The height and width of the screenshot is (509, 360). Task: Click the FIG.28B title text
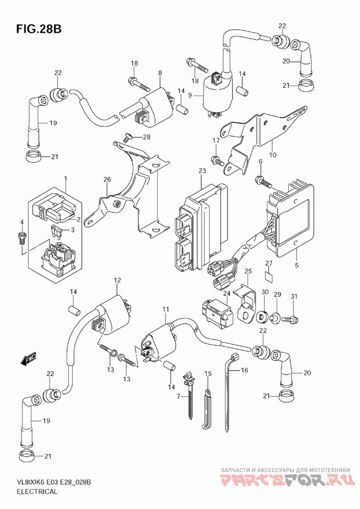coord(39,29)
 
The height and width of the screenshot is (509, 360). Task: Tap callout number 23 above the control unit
coord(202,171)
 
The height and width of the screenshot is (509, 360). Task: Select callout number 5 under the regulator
coord(297,265)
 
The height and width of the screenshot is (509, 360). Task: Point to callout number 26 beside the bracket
coord(107,180)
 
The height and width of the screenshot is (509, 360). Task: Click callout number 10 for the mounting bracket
coord(273,155)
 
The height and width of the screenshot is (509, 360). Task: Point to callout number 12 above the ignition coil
coord(117,281)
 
